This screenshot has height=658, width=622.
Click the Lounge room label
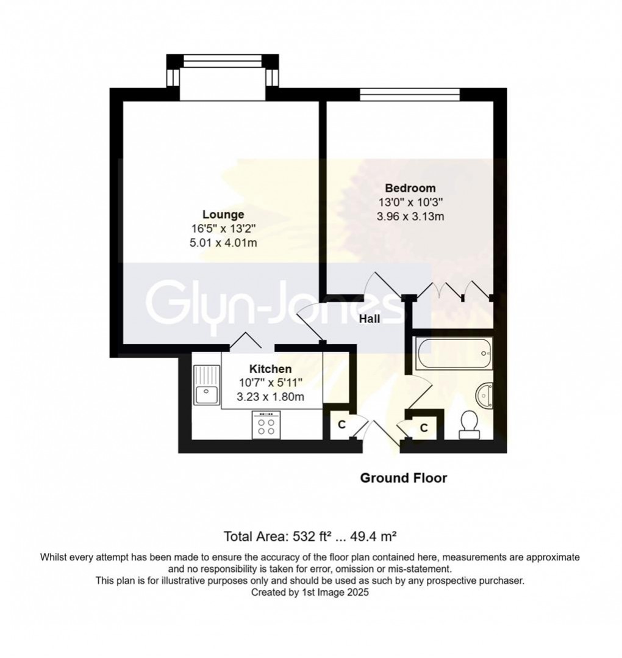tap(223, 214)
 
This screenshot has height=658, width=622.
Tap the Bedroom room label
tap(410, 188)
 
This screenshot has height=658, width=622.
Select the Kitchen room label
tap(270, 369)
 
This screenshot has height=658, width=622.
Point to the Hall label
tap(370, 319)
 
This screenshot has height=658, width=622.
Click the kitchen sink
tap(206, 385)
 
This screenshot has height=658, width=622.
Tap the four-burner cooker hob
tap(266, 425)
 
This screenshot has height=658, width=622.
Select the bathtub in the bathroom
tap(454, 353)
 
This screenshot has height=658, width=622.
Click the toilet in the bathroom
tap(469, 425)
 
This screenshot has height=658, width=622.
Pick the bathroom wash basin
tap(485, 395)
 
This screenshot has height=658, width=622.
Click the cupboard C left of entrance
tap(341, 425)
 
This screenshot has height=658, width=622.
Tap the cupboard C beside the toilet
tap(424, 428)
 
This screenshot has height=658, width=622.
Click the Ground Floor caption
tap(404, 478)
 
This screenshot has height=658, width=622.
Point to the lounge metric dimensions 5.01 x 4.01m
tap(223, 242)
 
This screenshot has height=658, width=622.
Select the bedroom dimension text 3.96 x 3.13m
tap(410, 217)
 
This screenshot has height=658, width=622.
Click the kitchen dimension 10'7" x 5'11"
tap(270, 383)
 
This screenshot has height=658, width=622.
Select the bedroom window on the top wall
tap(410, 95)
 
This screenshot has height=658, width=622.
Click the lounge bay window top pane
tap(223, 61)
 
